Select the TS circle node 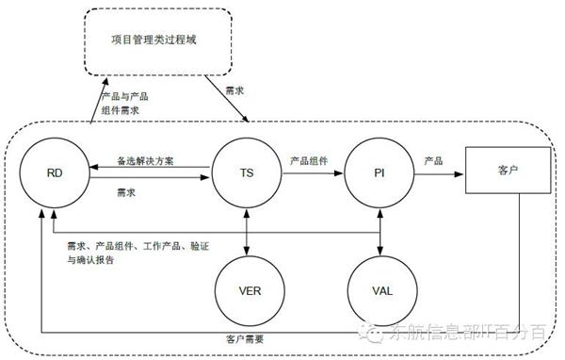tap(246, 174)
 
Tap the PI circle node tap(379, 174)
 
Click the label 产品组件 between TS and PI tap(309, 160)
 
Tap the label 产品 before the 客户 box tap(434, 160)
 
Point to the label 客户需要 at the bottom tap(244, 337)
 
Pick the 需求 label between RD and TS tap(125, 191)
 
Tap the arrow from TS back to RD tap(151, 170)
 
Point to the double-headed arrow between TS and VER tap(246, 230)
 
